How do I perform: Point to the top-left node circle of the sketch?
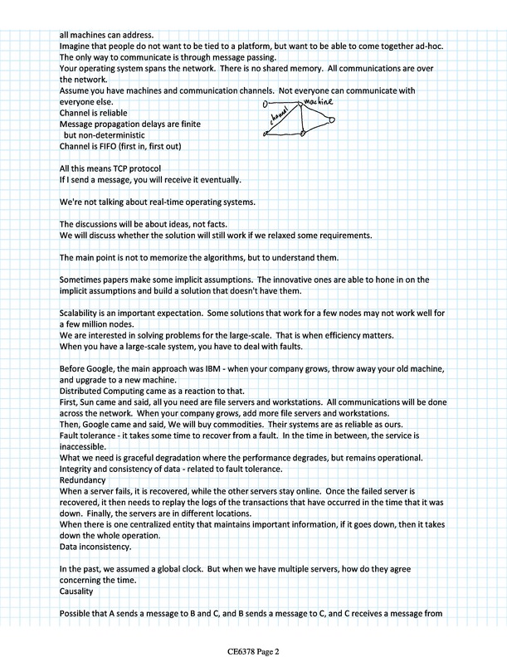click(x=265, y=105)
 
